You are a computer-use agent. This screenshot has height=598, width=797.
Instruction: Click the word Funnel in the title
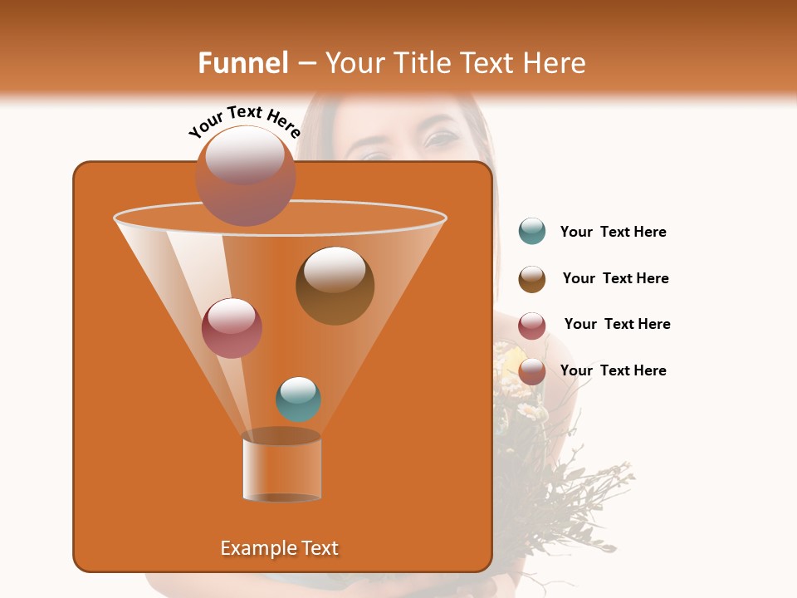click(243, 63)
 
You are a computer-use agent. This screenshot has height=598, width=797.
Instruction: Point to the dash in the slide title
click(306, 64)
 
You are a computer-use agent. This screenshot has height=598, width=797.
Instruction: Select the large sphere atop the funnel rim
click(246, 176)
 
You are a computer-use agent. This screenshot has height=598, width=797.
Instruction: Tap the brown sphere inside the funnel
click(335, 286)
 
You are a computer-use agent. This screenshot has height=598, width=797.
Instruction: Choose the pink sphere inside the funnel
click(232, 328)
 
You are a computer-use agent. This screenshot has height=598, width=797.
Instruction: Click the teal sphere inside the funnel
click(298, 399)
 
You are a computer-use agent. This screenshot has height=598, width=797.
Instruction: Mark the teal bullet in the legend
click(532, 231)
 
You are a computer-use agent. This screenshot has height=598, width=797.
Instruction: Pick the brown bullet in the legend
click(532, 279)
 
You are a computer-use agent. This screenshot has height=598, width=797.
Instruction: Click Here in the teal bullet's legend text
click(650, 232)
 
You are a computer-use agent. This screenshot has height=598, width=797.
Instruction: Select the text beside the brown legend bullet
click(615, 278)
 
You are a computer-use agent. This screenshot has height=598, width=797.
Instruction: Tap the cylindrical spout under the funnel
click(282, 467)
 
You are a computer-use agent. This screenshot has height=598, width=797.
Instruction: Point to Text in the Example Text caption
click(319, 548)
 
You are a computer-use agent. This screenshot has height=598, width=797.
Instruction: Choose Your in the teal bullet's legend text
click(576, 232)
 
